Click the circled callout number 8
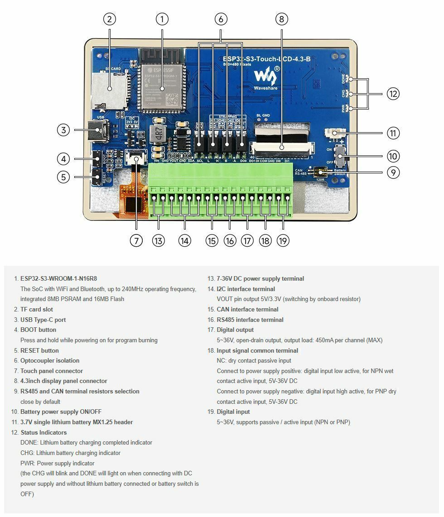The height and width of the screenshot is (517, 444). [x=281, y=19]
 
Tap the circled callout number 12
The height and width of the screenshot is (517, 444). [x=393, y=94]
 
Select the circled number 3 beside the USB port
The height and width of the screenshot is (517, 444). [x=63, y=130]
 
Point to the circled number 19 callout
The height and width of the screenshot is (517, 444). [x=283, y=240]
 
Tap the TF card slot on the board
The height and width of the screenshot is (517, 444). [x=109, y=89]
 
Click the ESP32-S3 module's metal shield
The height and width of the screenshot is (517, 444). [x=162, y=88]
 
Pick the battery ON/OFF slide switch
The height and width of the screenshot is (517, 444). [x=343, y=156]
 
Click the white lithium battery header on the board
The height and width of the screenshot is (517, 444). [x=335, y=134]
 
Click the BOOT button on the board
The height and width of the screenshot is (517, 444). [x=97, y=158]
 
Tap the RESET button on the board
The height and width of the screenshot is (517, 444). [x=97, y=177]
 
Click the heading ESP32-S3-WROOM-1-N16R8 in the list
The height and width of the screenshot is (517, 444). [x=58, y=278]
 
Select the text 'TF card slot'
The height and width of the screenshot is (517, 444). [x=37, y=309]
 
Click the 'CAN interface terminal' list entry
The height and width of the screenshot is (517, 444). [x=247, y=309]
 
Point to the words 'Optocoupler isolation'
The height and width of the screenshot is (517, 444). [x=50, y=360]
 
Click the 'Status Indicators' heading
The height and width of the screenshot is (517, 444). [x=43, y=432]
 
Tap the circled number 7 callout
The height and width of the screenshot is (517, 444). [x=136, y=240]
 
